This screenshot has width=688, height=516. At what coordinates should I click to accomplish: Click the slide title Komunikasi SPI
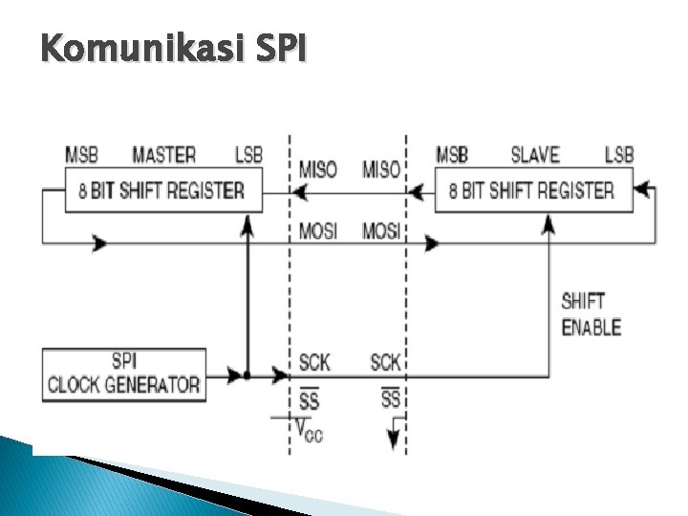tap(174, 47)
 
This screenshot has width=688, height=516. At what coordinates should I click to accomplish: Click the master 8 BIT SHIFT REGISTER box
tap(161, 190)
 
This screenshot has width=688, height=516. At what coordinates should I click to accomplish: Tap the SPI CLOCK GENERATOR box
tap(124, 375)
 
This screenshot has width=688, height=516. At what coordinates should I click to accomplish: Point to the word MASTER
tap(163, 155)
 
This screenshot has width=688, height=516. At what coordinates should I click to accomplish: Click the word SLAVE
tap(535, 155)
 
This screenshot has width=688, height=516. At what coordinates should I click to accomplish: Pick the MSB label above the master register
tap(81, 155)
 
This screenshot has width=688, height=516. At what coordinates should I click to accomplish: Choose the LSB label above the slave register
tap(619, 155)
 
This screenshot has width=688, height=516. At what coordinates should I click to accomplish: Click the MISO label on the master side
tap(318, 169)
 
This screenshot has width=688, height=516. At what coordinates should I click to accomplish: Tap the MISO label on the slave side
tap(381, 169)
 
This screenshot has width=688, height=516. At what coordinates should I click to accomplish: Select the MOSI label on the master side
tap(318, 231)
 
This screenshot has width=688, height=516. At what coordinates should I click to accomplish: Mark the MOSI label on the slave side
tap(381, 231)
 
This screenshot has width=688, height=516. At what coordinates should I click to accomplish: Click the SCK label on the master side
tap(314, 362)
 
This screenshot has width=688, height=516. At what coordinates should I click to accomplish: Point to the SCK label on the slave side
tap(385, 362)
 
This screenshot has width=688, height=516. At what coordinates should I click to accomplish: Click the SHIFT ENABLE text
tap(591, 314)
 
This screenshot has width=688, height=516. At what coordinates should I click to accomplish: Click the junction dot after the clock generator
tap(247, 376)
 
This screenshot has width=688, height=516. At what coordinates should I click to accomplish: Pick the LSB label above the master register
tap(249, 155)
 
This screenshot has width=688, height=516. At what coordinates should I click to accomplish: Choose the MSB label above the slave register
tap(452, 155)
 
